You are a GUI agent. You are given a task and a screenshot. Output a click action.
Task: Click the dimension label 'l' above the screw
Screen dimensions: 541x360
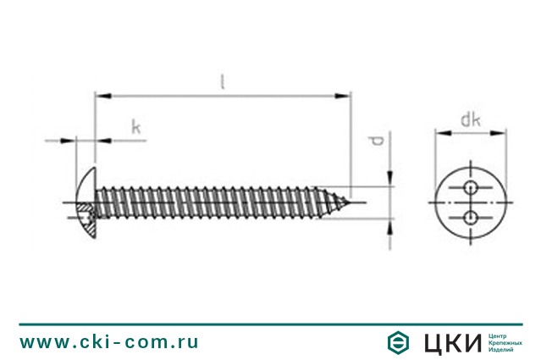coord(224,82)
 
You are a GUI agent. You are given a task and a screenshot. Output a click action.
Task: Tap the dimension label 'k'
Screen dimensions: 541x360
coord(136,127)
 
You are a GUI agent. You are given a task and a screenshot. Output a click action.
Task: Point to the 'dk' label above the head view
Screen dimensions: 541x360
coord(471,119)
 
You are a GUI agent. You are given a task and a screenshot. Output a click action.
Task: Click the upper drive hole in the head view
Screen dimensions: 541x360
coord(470,188)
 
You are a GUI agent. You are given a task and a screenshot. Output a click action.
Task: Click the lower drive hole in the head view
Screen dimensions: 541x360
coord(470,218)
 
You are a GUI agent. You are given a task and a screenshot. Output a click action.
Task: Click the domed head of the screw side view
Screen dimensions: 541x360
coord(86,202)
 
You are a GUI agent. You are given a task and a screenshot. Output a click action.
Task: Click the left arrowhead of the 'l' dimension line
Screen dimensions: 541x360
coord(102,96)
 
